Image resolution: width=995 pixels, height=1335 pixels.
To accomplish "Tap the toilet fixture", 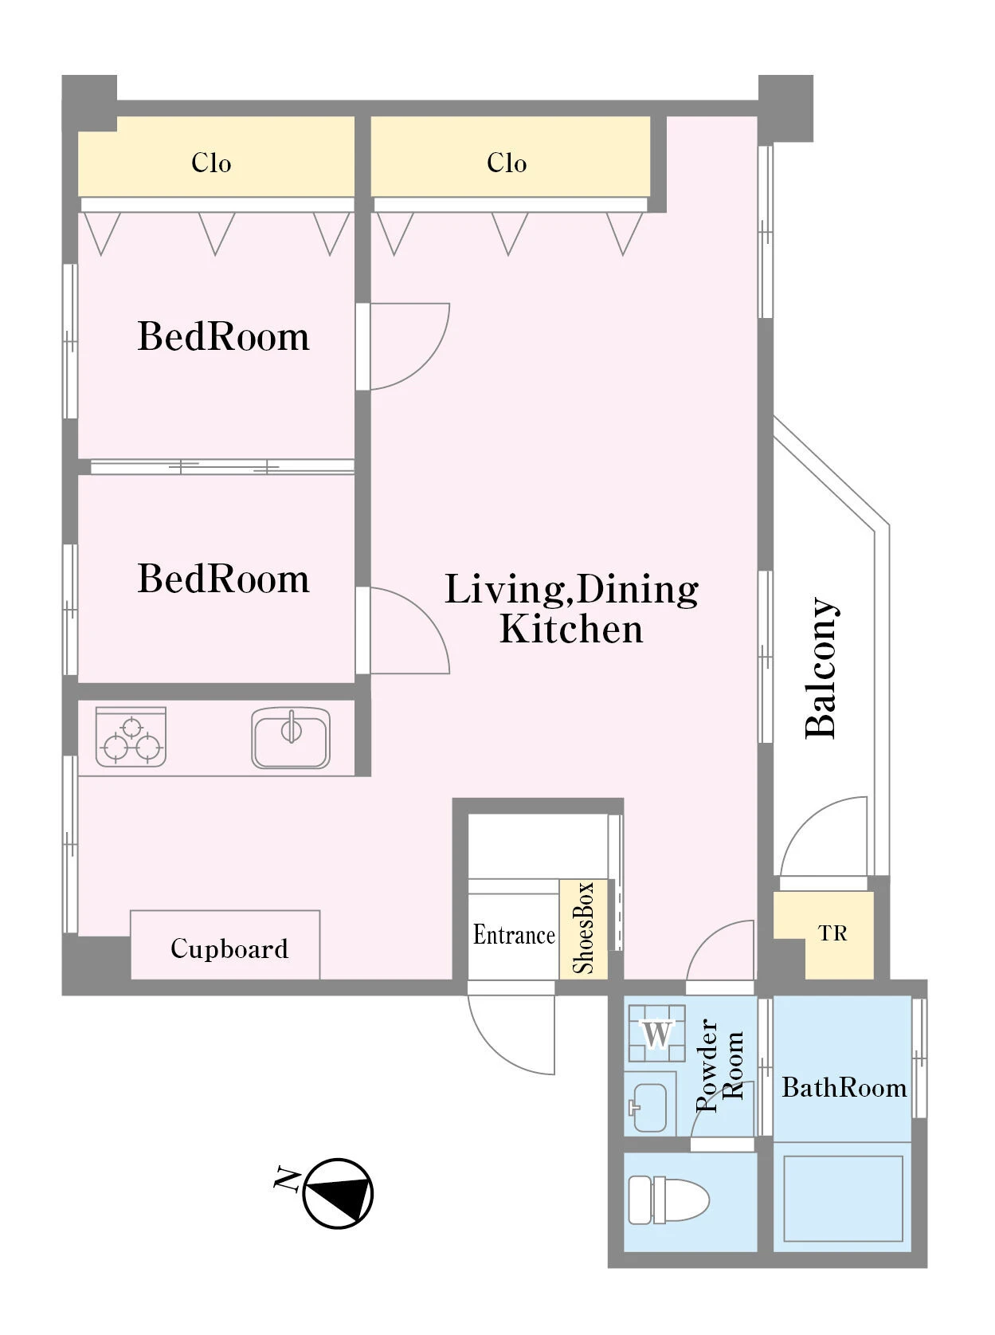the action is [x=668, y=1200].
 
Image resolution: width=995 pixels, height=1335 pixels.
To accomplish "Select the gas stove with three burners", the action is [x=131, y=736].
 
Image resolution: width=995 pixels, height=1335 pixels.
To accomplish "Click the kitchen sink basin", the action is [x=291, y=737].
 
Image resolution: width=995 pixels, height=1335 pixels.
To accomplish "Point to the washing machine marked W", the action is [x=656, y=1034].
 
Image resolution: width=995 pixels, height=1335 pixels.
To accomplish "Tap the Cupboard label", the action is [x=229, y=948].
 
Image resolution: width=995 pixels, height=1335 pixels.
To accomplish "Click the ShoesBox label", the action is [x=583, y=928].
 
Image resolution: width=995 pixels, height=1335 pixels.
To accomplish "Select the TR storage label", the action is [x=832, y=933].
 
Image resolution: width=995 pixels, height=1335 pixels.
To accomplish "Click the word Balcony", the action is [x=821, y=669].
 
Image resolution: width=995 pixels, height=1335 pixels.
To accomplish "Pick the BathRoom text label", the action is [x=844, y=1088].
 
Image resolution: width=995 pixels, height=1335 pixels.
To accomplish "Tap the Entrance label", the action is [x=514, y=935].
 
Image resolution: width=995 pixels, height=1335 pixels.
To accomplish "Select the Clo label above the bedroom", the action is [x=211, y=163].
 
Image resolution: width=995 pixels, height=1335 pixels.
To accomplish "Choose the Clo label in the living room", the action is [x=507, y=163].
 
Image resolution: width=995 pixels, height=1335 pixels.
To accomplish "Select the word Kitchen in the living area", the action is [x=570, y=629].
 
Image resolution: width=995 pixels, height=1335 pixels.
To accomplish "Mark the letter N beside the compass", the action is [x=287, y=1179].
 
